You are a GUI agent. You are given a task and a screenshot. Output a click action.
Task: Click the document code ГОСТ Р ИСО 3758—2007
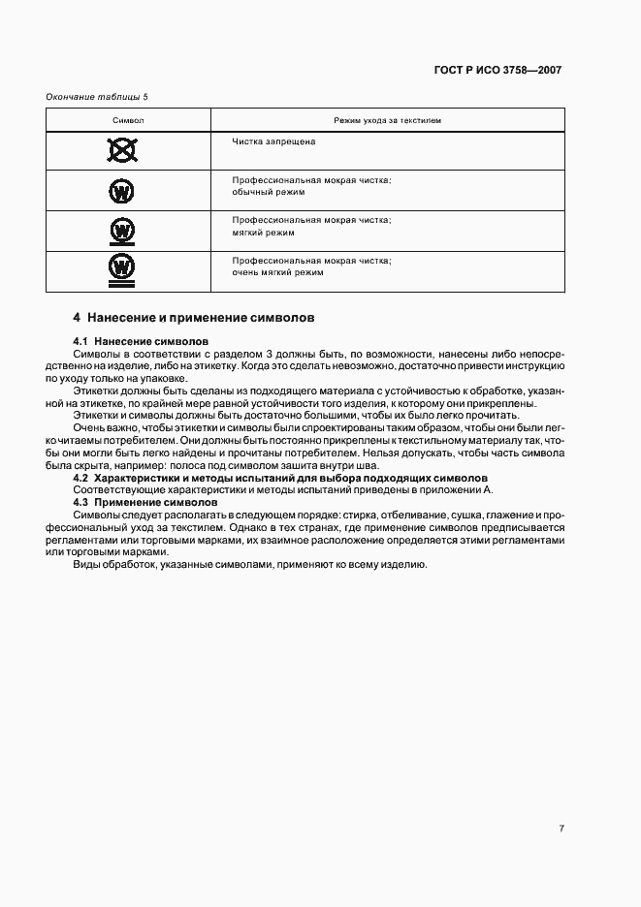497,70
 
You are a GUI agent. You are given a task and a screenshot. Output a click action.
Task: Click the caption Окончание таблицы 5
98,96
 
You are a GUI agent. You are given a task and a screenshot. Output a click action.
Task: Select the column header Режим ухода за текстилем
388,120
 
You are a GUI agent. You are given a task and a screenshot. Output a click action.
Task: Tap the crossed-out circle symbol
122,150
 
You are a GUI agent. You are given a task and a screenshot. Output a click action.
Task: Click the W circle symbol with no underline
122,191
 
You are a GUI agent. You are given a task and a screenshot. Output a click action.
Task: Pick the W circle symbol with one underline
122,232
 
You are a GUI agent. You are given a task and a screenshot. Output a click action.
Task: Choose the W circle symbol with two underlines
122,270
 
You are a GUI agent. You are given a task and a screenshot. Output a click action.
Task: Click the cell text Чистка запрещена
273,141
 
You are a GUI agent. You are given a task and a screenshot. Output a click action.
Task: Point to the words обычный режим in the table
269,193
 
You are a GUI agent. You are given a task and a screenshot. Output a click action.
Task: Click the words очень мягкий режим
277,273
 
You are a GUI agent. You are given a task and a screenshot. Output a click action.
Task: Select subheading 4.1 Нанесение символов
140,342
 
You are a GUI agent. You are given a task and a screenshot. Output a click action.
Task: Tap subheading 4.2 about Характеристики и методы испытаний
280,478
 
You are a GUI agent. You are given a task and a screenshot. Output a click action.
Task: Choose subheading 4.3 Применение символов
145,503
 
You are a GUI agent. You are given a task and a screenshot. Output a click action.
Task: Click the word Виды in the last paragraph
87,566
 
